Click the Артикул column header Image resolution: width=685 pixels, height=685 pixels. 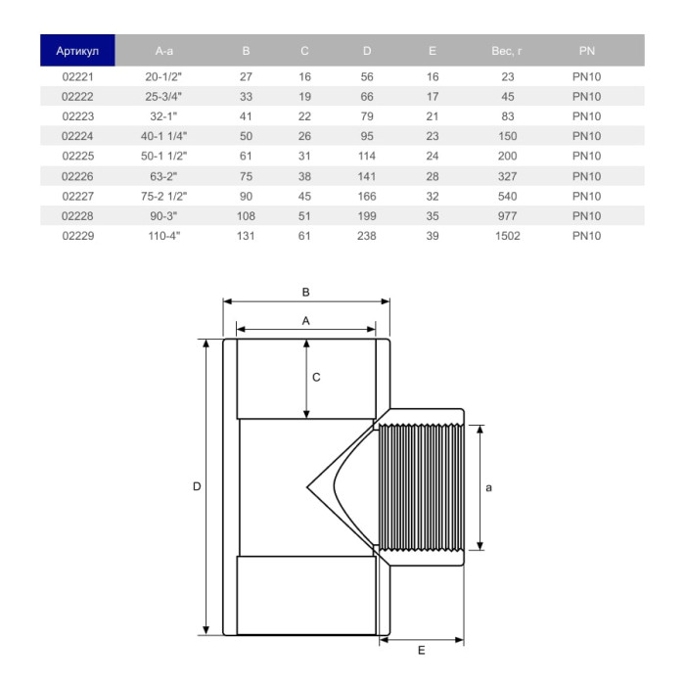click(77, 50)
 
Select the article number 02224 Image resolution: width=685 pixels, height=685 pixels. click(76, 136)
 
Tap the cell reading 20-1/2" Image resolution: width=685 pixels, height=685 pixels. click(163, 76)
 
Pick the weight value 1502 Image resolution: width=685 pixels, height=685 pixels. click(507, 236)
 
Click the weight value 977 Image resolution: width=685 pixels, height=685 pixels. click(507, 216)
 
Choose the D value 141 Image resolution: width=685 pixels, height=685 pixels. click(367, 176)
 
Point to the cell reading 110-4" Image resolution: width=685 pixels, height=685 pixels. click(163, 236)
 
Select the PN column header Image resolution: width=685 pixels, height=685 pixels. click(586, 50)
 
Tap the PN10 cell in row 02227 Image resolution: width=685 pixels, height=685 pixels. click(586, 196)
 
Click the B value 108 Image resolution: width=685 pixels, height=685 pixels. click(246, 216)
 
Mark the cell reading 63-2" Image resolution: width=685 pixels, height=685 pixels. click(163, 176)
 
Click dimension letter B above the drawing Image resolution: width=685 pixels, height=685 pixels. click(305, 292)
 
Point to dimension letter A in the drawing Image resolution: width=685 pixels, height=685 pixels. click(305, 320)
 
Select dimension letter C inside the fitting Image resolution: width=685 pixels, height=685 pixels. click(316, 376)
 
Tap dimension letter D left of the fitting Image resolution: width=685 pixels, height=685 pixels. click(196, 486)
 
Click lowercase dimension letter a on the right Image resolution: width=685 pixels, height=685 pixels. click(489, 486)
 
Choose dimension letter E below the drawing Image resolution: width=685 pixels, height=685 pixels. click(420, 650)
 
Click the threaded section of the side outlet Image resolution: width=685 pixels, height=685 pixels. click(421, 486)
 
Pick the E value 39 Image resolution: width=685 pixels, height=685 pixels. click(433, 236)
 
